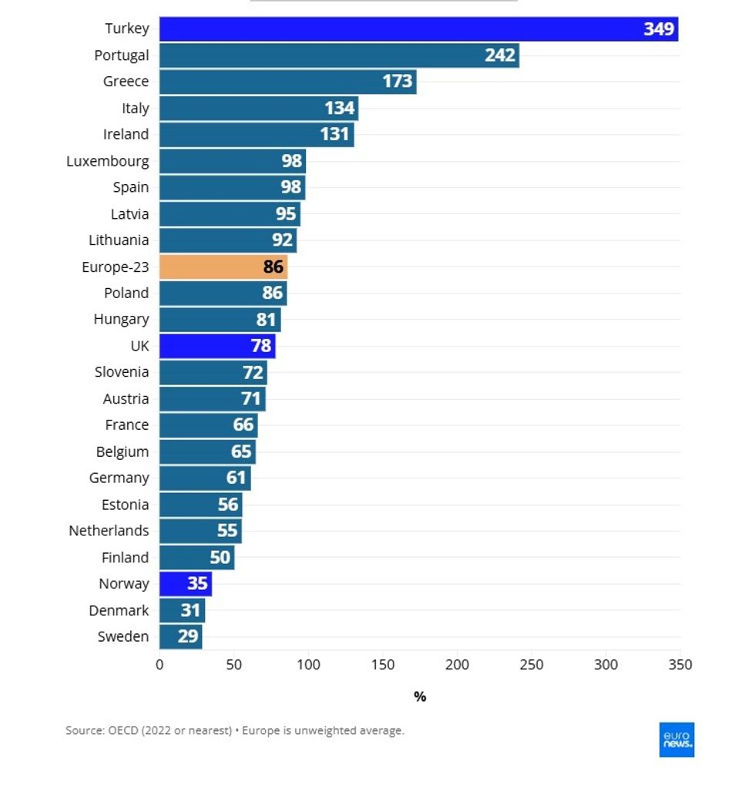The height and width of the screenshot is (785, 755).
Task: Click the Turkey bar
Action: click(418, 29)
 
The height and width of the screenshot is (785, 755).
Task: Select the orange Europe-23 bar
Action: click(223, 267)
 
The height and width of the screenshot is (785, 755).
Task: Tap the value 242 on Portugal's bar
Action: click(500, 55)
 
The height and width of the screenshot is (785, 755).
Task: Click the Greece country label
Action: click(126, 82)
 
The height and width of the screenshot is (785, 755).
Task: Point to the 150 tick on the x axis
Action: click(383, 665)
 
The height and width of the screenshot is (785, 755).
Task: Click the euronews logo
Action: click(676, 740)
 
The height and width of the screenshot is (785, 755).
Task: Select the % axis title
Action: click(420, 696)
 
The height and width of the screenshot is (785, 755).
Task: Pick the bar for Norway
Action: click(186, 584)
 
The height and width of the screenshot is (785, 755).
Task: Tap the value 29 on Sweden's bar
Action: click(188, 637)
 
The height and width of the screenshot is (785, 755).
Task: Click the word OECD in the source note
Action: click(126, 730)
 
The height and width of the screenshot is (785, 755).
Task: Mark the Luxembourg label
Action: click(108, 161)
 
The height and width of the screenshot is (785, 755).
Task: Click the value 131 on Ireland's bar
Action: click(335, 135)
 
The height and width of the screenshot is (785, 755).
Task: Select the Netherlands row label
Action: click(109, 531)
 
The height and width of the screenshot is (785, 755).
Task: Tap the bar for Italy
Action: click(259, 108)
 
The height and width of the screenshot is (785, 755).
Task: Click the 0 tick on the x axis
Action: click(159, 665)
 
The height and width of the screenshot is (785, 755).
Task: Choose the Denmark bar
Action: click(182, 611)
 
